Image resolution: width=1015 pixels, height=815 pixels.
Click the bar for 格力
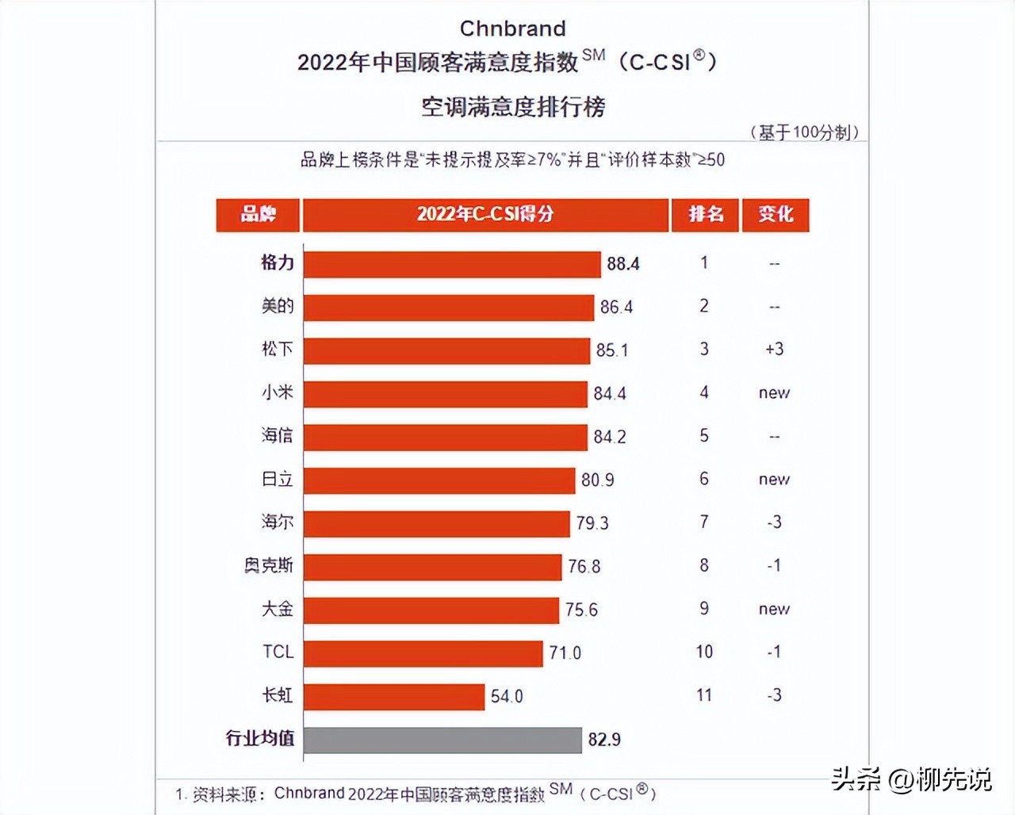(452, 264)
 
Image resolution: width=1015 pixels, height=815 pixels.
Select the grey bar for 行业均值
(442, 740)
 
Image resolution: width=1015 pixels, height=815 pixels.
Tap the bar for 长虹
(394, 696)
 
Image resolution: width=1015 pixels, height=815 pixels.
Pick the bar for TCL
(423, 652)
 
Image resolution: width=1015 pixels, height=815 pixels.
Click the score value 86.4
(616, 307)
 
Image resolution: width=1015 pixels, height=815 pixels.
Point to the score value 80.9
(597, 480)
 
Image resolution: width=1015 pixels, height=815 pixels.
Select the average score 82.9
(604, 740)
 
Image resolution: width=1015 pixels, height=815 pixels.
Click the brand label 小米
(278, 392)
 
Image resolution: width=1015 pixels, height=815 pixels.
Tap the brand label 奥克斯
(269, 565)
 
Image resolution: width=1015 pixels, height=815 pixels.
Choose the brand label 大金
(278, 609)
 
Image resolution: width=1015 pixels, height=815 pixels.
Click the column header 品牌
(258, 215)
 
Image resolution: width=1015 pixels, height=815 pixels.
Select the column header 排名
(705, 215)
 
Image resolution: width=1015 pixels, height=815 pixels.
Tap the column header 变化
(775, 215)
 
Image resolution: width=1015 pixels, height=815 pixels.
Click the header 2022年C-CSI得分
(485, 215)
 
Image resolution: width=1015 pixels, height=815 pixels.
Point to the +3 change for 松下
(774, 349)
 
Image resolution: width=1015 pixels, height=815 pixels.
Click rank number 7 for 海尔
(704, 522)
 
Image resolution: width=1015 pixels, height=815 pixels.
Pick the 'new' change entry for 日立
(774, 480)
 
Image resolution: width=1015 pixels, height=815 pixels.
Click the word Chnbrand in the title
(512, 29)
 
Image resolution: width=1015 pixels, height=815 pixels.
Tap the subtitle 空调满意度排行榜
(512, 106)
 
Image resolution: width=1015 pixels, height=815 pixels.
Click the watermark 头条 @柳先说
(911, 780)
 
